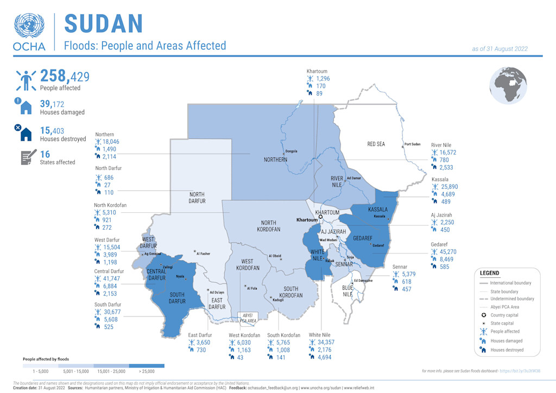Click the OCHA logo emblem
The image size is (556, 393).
pyautogui.click(x=30, y=27)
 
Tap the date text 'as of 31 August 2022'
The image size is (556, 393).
pyautogui.click(x=500, y=49)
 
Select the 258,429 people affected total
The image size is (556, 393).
pyautogui.click(x=65, y=76)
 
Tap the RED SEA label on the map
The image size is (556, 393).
pyautogui.click(x=376, y=144)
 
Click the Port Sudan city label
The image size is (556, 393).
pyautogui.click(x=412, y=144)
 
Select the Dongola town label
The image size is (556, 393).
pyautogui.click(x=292, y=151)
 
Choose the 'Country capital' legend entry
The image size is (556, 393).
pyautogui.click(x=505, y=315)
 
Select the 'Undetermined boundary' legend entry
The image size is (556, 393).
pyautogui.click(x=511, y=299)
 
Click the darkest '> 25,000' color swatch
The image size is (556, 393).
pyautogui.click(x=147, y=366)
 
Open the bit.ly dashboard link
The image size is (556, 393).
pyautogui.click(x=520, y=371)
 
